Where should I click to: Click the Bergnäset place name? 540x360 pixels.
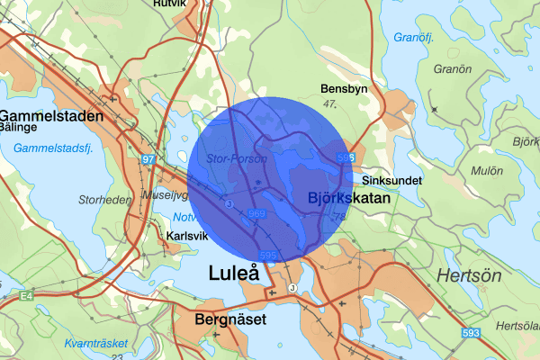(229, 319)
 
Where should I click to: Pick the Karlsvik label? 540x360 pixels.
(187, 237)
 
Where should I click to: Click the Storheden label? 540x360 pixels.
(105, 199)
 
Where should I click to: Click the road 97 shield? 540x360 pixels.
(148, 159)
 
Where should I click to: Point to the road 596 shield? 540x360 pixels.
(345, 158)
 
